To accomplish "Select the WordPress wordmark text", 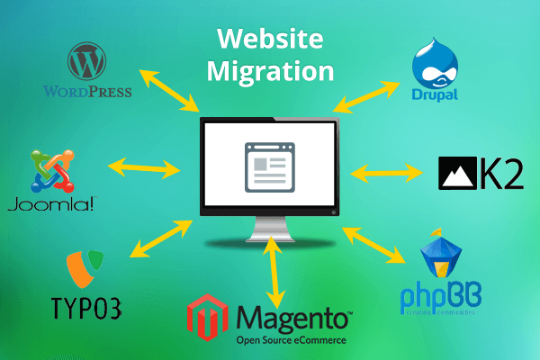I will click(87, 90).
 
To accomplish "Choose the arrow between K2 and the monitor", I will click(387, 172).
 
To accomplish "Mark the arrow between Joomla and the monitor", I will click(144, 166).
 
